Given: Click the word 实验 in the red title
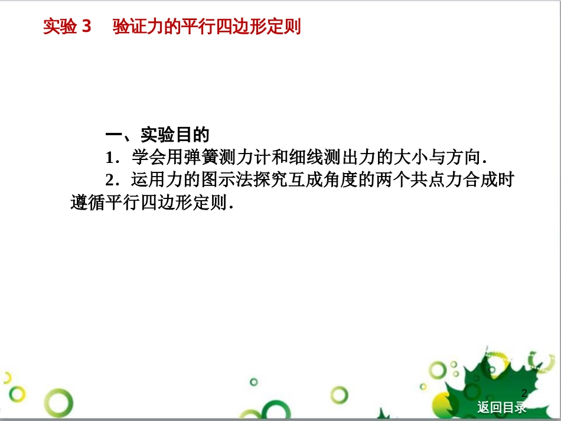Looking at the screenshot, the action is tap(60, 26).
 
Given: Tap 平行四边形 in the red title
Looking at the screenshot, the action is tap(224, 26).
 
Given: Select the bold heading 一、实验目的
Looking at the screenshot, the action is tap(158, 135).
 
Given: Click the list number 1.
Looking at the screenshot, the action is tap(110, 158).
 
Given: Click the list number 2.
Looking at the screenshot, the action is tap(110, 180).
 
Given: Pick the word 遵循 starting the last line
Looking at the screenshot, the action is tap(88, 203).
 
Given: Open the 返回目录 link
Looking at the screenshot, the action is tap(501, 407).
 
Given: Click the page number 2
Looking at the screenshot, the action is tap(524, 393).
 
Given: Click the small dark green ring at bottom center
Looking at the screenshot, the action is tap(254, 382).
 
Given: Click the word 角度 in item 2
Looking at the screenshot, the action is tap(341, 180).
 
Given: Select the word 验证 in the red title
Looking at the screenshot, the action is tap(130, 26).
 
